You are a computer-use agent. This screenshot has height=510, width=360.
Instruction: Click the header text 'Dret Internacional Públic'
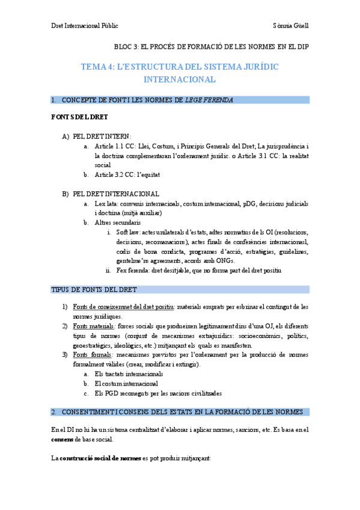(x=84, y=26)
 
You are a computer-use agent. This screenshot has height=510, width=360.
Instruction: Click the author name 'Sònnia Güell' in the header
(x=290, y=26)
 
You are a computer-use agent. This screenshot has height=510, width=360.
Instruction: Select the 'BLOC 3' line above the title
(x=212, y=47)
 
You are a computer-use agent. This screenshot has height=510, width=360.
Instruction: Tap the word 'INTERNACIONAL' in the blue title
(x=180, y=79)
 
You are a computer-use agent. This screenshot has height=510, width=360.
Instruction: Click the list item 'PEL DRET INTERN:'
(x=102, y=137)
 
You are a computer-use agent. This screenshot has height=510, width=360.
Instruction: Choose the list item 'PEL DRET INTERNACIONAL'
(x=115, y=194)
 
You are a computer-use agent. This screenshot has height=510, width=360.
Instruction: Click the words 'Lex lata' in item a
(x=106, y=204)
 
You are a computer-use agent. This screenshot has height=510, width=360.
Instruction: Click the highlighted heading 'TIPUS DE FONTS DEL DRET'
(x=94, y=290)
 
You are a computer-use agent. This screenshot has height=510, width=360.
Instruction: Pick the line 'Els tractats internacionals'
(x=129, y=374)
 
